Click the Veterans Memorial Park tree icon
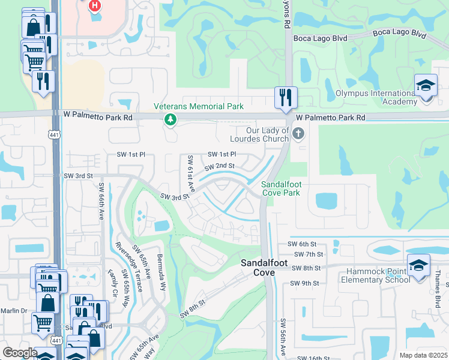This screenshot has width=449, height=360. click(171, 119)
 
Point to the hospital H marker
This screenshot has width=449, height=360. click(94, 7)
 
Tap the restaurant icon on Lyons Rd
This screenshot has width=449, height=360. click(286, 97)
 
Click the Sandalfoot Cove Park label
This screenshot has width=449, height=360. click(280, 188)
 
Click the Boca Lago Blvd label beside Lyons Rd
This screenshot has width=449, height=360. click(321, 38)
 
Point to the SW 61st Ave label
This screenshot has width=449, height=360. click(190, 173)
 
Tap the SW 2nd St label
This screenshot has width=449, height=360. click(219, 166)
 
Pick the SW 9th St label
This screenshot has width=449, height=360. click(303, 283)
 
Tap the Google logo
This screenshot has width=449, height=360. click(20, 353)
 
